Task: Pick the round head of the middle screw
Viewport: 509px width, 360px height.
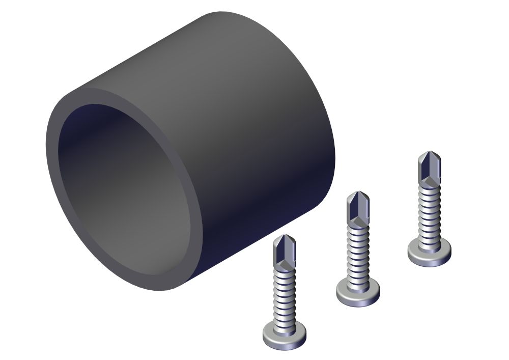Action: (x=358, y=294)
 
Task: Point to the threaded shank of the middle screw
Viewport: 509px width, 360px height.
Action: (x=358, y=252)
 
